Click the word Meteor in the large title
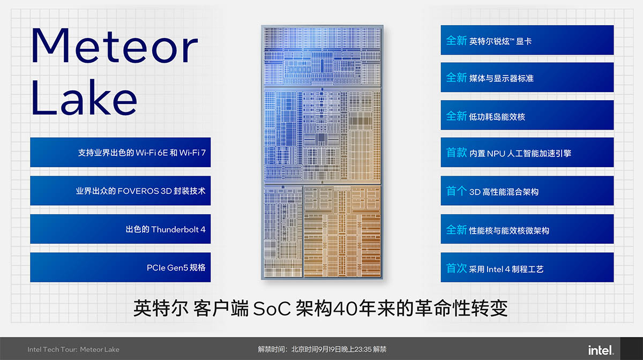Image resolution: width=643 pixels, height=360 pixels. [x=114, y=46]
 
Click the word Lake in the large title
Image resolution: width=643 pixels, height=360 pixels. [x=84, y=97]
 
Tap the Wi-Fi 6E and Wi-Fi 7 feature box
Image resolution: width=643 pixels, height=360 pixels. [x=120, y=153]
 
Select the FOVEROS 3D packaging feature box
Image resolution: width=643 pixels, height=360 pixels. [x=120, y=191]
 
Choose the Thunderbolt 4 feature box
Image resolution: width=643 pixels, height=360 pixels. [x=120, y=229]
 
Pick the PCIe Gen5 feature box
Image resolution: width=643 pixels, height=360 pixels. [x=120, y=267]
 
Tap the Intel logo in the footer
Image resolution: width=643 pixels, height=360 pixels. [x=600, y=350]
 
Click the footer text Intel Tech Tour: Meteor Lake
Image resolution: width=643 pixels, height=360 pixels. [x=73, y=349]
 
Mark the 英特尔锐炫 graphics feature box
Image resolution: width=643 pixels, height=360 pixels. [x=527, y=40]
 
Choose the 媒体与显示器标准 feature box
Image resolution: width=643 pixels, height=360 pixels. [x=527, y=77]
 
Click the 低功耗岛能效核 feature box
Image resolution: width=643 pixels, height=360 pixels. [x=527, y=115]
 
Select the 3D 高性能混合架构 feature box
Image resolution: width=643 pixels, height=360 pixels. [x=527, y=191]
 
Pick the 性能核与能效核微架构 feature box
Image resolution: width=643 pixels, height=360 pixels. [x=527, y=229]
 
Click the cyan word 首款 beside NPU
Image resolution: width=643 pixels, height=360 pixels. [x=456, y=153]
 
